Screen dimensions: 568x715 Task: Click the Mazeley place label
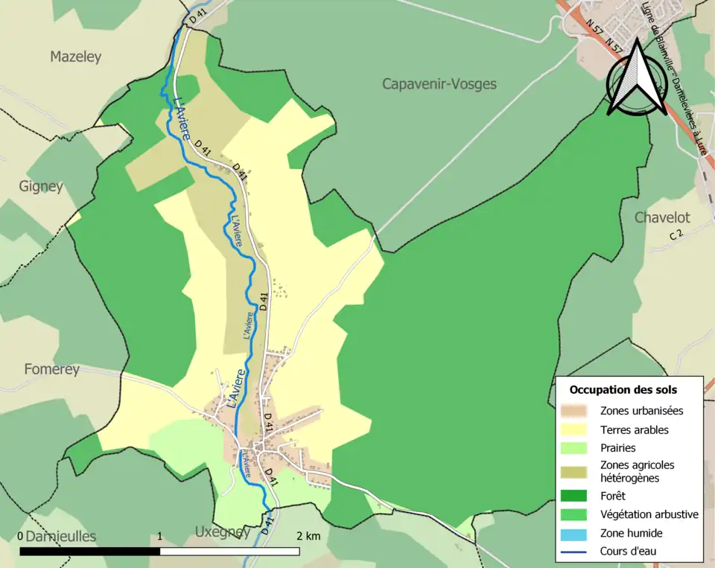pyautogui.click(x=75, y=57)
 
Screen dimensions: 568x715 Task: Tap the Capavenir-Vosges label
pyautogui.click(x=439, y=84)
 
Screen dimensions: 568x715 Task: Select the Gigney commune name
pyautogui.click(x=41, y=186)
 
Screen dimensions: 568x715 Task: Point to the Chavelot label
pyautogui.click(x=661, y=218)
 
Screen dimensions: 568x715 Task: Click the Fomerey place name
pyautogui.click(x=51, y=368)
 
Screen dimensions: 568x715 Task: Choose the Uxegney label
pyautogui.click(x=222, y=532)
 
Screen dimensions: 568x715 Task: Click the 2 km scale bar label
pyautogui.click(x=308, y=536)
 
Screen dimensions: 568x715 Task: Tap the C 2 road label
pyautogui.click(x=676, y=234)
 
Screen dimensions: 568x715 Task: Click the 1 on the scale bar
pyautogui.click(x=160, y=536)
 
